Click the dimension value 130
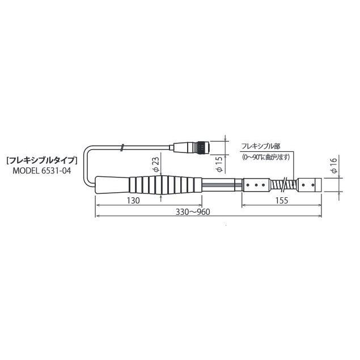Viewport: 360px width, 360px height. point(133,201)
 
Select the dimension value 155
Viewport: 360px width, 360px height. point(281,201)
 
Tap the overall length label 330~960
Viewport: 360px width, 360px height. point(193,212)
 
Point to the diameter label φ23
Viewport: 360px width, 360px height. point(156,164)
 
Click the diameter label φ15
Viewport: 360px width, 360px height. point(220,164)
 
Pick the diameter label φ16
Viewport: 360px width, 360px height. point(334,166)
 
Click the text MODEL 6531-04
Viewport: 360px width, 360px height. point(42,171)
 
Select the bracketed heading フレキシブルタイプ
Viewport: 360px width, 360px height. point(41,160)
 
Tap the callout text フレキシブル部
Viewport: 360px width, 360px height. point(261,146)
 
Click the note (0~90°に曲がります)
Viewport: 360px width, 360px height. point(266,157)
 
